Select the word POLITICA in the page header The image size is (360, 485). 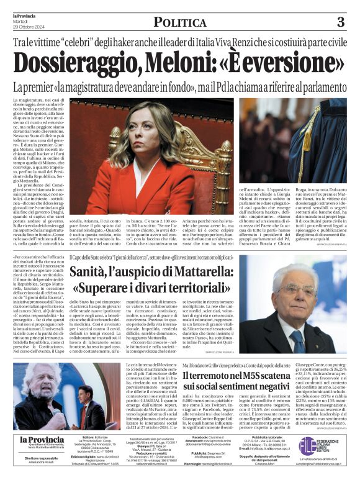pyautogui.click(x=180, y=23)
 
